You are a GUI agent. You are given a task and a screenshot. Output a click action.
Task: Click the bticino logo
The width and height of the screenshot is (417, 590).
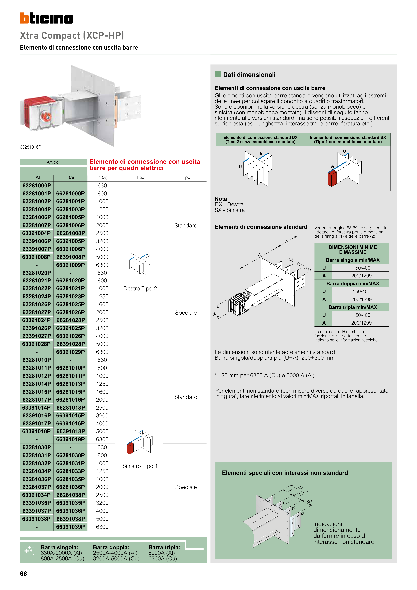coord(46,18)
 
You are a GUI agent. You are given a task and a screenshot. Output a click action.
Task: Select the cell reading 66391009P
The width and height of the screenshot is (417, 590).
coord(70,265)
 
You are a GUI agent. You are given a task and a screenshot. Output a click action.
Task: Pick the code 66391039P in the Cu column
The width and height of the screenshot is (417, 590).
coord(70,527)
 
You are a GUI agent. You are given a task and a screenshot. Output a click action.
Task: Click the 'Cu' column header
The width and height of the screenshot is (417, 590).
coord(71,177)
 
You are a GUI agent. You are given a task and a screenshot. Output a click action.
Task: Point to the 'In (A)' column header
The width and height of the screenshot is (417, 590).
coord(102,177)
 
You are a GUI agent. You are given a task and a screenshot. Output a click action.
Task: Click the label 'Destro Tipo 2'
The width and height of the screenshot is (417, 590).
coord(140,289)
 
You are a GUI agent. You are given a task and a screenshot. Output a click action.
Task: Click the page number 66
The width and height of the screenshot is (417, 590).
coord(23,574)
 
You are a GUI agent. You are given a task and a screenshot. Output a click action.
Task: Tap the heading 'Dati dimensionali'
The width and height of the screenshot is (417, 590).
coord(249,75)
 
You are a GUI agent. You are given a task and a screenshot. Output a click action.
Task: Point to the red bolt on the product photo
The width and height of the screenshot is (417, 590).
coord(46,116)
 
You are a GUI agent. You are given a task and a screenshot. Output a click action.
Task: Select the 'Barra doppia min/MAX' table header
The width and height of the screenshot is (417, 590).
coord(353,284)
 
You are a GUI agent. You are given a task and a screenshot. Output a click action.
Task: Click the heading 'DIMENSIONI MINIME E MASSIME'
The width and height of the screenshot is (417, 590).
coord(353,250)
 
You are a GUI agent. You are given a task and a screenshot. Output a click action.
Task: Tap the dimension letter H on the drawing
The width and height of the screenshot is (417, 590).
coord(215,314)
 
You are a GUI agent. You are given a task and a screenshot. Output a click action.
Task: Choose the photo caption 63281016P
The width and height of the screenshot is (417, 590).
coord(30,147)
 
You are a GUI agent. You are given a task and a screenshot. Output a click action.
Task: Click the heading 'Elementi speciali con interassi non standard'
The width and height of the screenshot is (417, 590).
coord(285,473)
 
